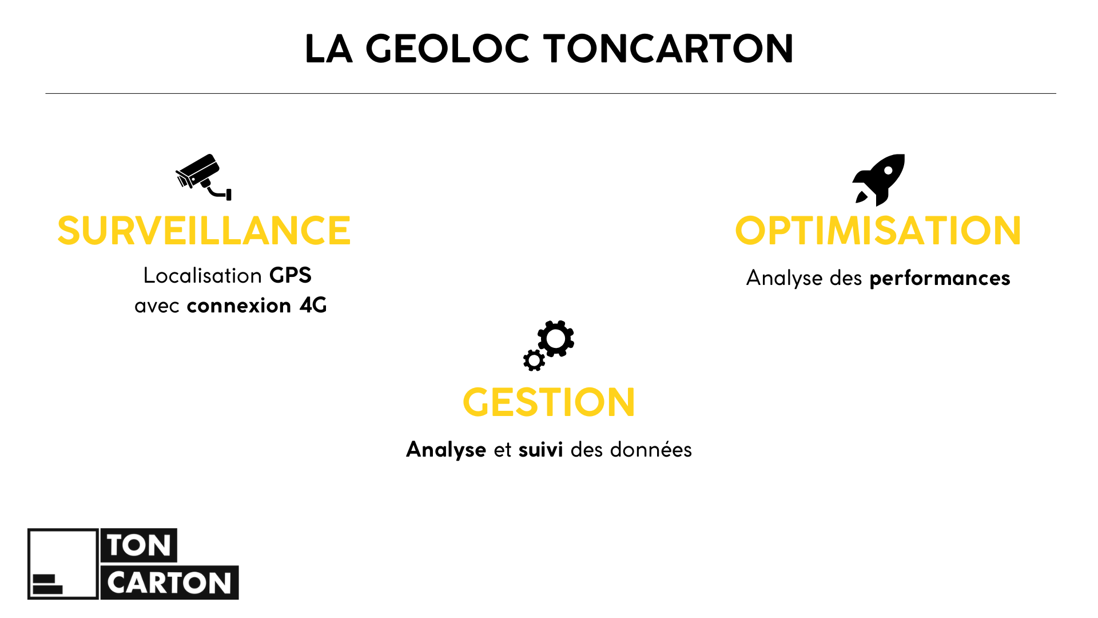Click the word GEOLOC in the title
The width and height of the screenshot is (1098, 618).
click(x=447, y=49)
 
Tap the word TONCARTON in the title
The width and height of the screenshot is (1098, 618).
click(x=668, y=49)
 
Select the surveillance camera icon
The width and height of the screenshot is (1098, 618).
click(x=203, y=177)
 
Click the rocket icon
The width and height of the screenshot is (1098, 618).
click(x=879, y=179)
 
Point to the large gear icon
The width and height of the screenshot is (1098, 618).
click(x=556, y=338)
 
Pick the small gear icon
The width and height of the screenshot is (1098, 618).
click(x=534, y=360)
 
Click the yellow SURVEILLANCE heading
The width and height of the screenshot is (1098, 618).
click(x=204, y=231)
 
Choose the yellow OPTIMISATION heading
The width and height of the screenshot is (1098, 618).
click(x=878, y=231)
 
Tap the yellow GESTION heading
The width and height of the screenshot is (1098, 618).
click(x=548, y=403)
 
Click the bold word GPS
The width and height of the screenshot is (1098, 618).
click(x=291, y=276)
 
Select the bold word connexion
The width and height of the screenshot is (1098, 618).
click(x=239, y=306)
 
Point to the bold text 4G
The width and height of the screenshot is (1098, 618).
click(x=313, y=306)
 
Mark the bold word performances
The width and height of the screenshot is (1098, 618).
click(x=940, y=279)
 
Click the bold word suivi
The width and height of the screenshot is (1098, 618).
click(x=540, y=450)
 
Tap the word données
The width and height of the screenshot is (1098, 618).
click(x=651, y=450)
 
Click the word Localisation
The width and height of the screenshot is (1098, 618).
click(x=202, y=276)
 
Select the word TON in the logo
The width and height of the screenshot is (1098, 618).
click(x=139, y=545)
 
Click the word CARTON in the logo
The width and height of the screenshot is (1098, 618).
click(x=169, y=583)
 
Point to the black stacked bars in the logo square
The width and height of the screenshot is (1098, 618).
click(x=47, y=584)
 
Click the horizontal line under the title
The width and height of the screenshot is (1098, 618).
click(x=550, y=93)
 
